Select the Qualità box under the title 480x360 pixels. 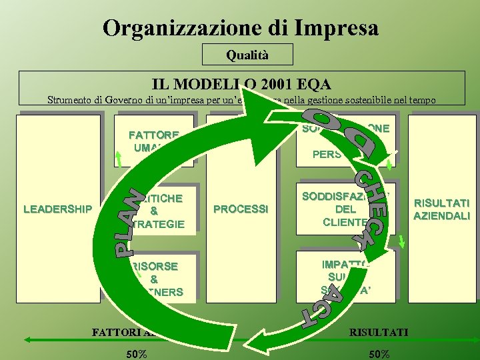[x=247, y=55]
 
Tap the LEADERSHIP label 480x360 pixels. [x=57, y=209]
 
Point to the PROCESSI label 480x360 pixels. [x=241, y=209]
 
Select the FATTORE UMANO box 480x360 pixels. [x=155, y=141]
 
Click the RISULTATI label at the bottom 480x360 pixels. [x=379, y=331]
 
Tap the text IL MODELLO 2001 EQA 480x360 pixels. [x=241, y=84]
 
